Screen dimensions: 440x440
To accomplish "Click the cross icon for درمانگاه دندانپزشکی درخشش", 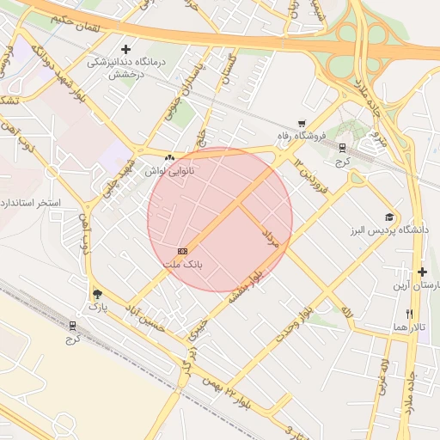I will point(126,50).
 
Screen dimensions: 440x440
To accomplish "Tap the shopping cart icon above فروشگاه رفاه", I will point(301,125).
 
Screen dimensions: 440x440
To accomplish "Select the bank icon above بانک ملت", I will point(181,251).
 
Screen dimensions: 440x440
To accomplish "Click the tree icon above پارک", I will point(95,292).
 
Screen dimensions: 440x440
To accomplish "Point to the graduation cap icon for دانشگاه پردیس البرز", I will point(389,218).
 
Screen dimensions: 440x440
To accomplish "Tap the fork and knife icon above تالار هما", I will point(410,315).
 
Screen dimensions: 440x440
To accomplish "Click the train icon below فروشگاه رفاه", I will point(342,149).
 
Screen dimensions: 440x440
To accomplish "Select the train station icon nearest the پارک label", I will point(72,326).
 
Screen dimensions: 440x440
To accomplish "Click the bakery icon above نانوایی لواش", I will point(169,158).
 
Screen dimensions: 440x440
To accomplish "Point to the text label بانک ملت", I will point(182,265).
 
